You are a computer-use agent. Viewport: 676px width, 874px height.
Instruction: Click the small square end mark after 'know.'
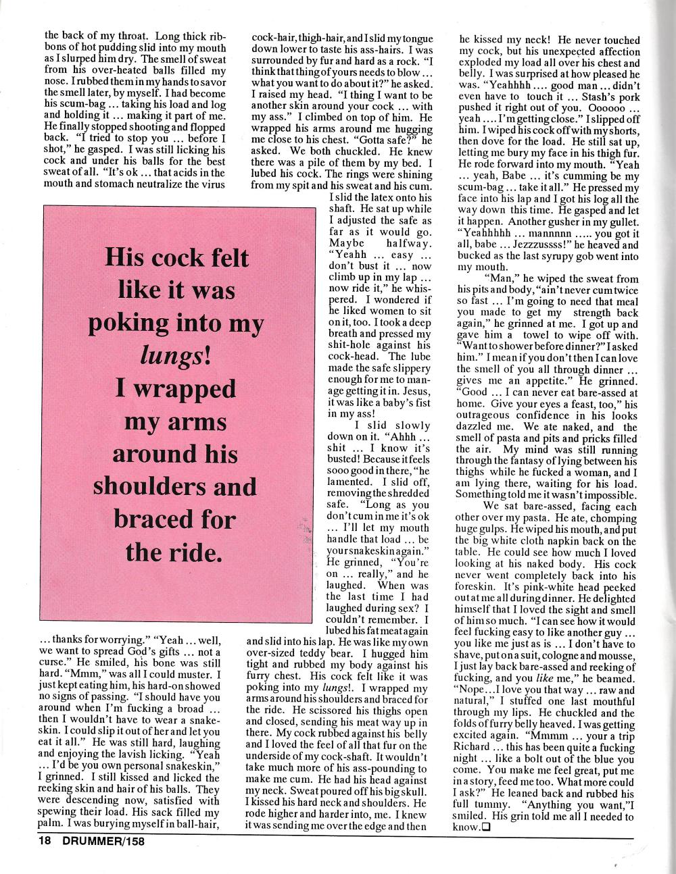click(x=485, y=827)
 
